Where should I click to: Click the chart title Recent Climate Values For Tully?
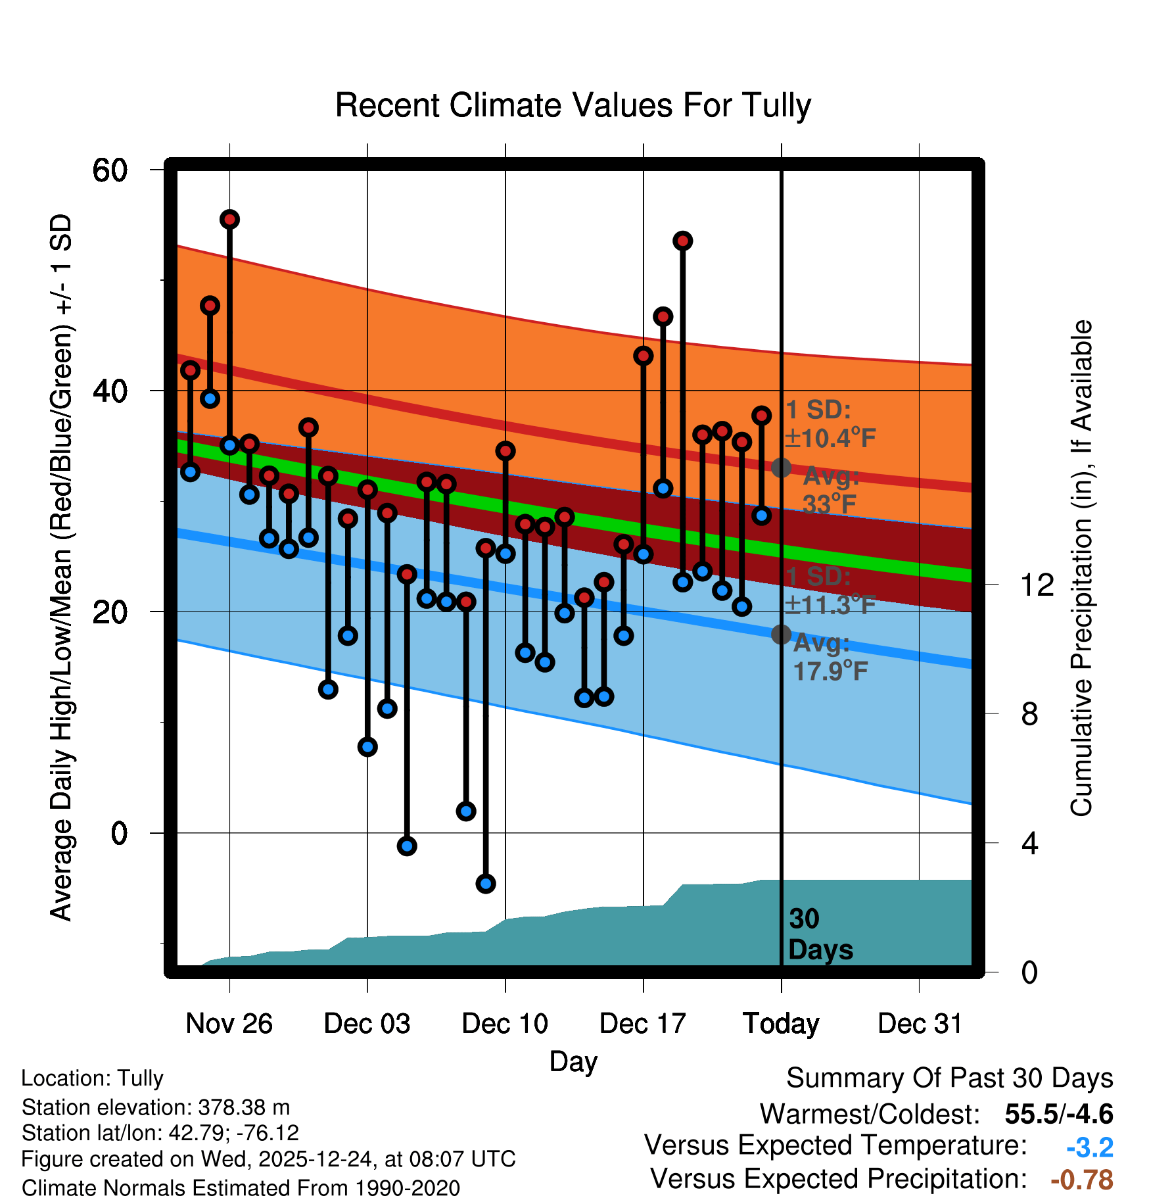coord(573,105)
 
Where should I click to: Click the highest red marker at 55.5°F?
coord(229,219)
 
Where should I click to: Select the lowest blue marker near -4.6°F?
coord(486,883)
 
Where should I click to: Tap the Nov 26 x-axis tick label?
coord(229,1024)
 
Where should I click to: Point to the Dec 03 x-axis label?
coord(367,1024)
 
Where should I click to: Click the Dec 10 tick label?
coord(505,1024)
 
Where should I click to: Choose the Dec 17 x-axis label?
coord(643,1024)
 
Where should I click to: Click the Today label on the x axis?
coord(781,1024)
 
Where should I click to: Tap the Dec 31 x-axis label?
coord(920,1024)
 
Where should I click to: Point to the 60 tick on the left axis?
coord(110,170)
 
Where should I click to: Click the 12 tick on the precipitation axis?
coord(1036,584)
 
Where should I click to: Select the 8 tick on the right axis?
coord(1029,713)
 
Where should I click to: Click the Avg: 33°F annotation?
coord(830,490)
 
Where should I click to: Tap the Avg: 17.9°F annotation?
coord(830,657)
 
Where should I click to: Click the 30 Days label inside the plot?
coord(820,934)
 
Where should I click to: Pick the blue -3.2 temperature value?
coord(1089,1147)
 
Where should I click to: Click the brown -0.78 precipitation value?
coord(1082,1180)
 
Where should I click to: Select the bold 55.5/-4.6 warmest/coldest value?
coord(1059,1114)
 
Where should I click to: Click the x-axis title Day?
coord(573,1061)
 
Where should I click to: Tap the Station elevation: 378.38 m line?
coord(156,1107)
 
